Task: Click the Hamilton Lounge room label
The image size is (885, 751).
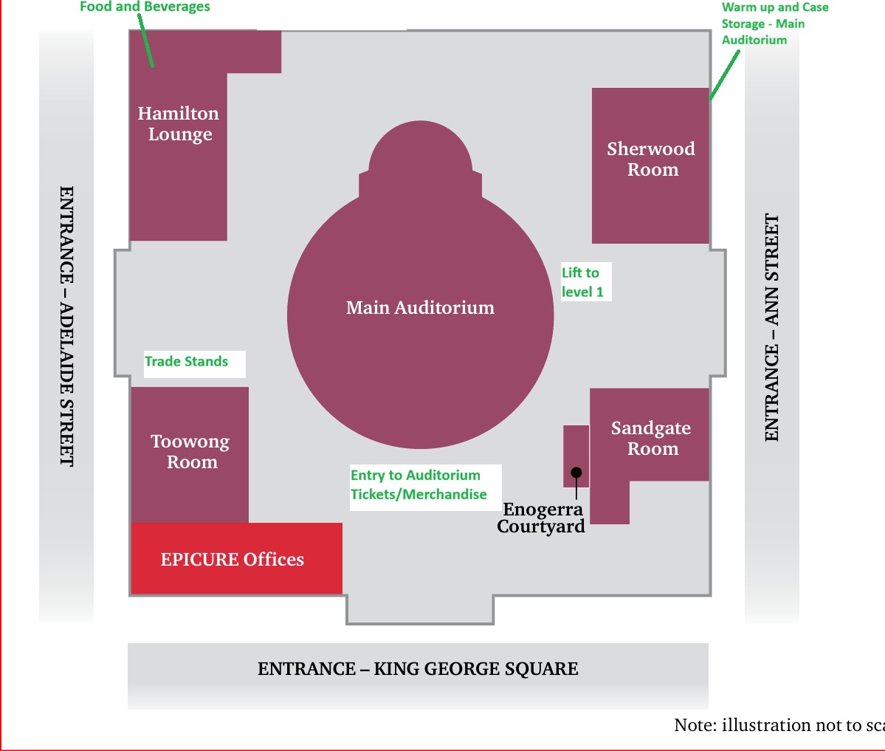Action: tap(179, 124)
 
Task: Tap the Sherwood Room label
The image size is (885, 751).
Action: tap(651, 159)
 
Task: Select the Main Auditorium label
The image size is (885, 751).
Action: tap(420, 308)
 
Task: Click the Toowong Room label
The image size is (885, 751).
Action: tap(190, 452)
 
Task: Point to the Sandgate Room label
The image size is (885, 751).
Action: tap(651, 438)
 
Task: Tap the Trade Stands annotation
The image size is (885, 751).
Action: tap(186, 362)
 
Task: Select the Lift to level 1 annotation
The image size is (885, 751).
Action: tap(582, 282)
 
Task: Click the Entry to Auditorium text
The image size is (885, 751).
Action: tap(415, 475)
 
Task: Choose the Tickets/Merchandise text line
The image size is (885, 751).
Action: tap(419, 495)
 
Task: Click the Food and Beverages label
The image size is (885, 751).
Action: tap(145, 7)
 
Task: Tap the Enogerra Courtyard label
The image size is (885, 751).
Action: tap(542, 518)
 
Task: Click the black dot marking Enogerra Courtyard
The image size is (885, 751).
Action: tap(576, 473)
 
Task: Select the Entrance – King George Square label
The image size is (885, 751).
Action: tap(418, 669)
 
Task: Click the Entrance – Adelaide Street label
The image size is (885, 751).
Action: tap(66, 326)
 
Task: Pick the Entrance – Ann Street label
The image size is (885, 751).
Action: tap(772, 328)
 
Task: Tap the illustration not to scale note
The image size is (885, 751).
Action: tap(779, 725)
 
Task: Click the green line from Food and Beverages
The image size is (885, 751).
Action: tap(147, 41)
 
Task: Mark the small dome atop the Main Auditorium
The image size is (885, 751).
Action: tap(420, 151)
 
